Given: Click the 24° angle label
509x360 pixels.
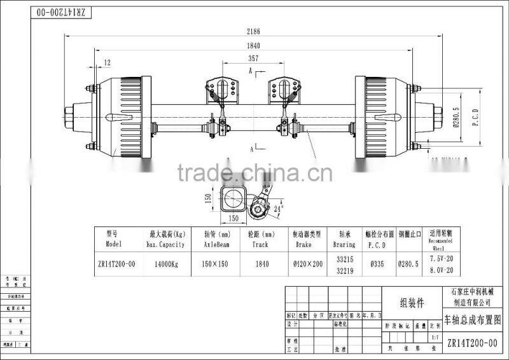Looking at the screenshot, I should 277,207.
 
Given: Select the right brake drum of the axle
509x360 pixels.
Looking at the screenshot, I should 384,119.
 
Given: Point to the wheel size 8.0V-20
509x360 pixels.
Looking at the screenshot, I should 440,270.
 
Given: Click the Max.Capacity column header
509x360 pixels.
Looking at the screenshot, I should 167,244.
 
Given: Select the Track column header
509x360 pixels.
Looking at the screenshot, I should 261,244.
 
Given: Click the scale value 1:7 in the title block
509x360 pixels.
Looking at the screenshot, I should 435,337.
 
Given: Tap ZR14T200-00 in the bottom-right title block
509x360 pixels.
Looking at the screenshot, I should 472,343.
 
